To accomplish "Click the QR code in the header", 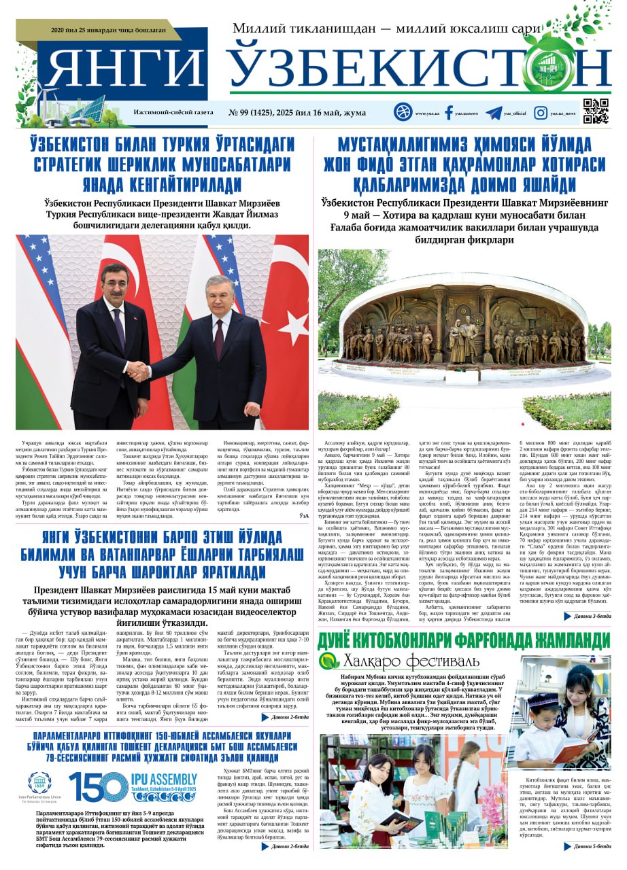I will tap(595, 111).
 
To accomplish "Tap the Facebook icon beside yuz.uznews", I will tap(449, 113).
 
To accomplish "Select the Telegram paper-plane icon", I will tap(494, 113).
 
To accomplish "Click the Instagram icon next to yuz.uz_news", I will tap(541, 113).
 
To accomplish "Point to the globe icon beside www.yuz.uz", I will tap(403, 112).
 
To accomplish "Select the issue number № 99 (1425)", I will tap(255, 113).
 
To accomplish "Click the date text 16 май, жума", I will tap(348, 113).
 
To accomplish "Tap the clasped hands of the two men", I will tap(139, 371).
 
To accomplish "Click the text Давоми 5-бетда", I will tap(591, 846).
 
